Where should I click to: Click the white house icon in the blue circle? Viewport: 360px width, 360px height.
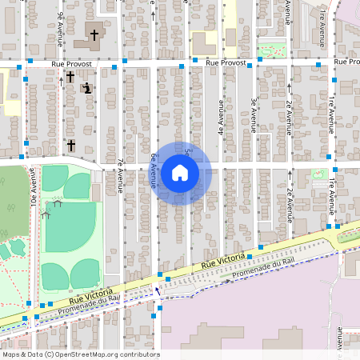click(180, 172)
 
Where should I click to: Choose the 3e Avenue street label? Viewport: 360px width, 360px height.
click(253, 114)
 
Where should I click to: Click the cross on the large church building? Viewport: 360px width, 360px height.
click(94, 34)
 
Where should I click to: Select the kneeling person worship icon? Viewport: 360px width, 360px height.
click(86, 88)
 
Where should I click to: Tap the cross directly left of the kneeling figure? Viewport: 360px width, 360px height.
click(70, 76)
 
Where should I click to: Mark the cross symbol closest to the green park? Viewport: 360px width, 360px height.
click(70, 145)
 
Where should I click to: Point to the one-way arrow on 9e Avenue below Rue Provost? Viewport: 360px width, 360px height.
click(61, 79)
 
